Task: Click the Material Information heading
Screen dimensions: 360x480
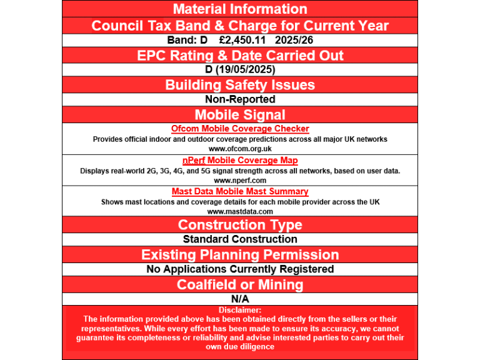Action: [240, 9]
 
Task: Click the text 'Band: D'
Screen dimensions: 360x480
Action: [187, 40]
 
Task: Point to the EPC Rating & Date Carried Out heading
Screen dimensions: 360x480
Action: [240, 55]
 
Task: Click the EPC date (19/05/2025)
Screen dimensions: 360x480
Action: [246, 69]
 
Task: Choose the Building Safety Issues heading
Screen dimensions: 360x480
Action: [240, 85]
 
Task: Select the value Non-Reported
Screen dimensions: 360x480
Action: [240, 99]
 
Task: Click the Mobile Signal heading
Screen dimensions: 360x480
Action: [240, 114]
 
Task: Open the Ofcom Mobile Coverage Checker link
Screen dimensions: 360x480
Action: [240, 129]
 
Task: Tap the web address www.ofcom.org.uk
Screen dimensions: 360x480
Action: [240, 149]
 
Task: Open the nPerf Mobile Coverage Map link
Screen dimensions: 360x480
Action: [240, 161]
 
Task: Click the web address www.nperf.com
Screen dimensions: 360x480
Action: [240, 180]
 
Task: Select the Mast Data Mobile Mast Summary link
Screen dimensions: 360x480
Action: [240, 192]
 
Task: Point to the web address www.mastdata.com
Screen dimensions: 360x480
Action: [240, 211]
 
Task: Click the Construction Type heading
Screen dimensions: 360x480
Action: [240, 225]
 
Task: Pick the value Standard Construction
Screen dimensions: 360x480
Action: [240, 239]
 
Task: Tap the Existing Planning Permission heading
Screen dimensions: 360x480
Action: [240, 255]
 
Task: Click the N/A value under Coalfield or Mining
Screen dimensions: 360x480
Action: [240, 299]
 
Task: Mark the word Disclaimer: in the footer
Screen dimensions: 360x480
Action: [240, 310]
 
